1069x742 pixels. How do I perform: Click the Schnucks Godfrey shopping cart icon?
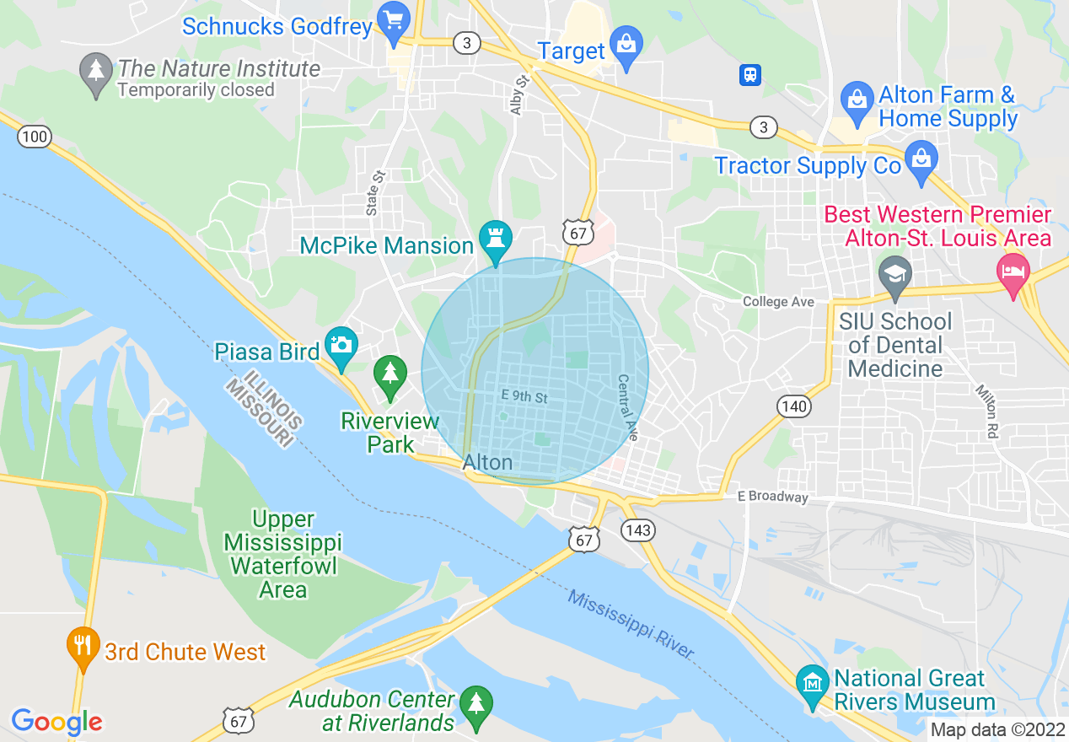tap(393, 20)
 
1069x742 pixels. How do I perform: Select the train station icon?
tap(749, 75)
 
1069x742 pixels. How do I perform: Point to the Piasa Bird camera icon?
tap(341, 346)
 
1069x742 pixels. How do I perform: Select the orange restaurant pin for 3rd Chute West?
tap(82, 647)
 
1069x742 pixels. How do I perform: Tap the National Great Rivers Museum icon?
tap(813, 681)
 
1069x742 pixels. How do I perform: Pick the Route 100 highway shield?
tap(35, 136)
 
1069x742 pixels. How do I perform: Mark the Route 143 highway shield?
tap(638, 530)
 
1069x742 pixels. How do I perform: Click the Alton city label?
tap(487, 462)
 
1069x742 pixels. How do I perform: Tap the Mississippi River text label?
tap(631, 624)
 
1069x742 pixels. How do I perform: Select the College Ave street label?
tap(778, 302)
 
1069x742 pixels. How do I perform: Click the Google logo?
tap(56, 722)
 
